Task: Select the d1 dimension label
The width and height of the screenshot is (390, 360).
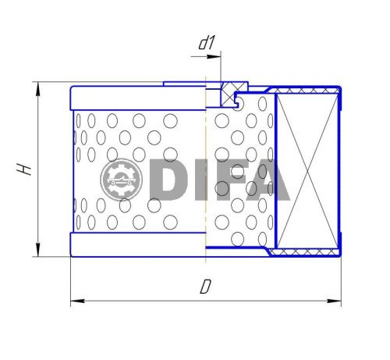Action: click(x=206, y=44)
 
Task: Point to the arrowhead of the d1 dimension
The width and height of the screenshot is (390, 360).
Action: click(x=217, y=55)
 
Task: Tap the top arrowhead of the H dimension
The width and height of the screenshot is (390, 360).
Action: click(x=37, y=86)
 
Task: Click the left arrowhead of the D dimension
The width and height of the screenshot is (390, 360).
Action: click(x=75, y=300)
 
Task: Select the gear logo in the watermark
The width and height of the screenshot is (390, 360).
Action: click(x=121, y=180)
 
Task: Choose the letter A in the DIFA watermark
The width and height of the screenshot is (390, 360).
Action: click(x=266, y=180)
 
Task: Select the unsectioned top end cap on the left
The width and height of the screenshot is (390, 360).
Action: click(x=136, y=98)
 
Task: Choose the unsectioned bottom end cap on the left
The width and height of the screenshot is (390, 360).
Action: click(x=136, y=244)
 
